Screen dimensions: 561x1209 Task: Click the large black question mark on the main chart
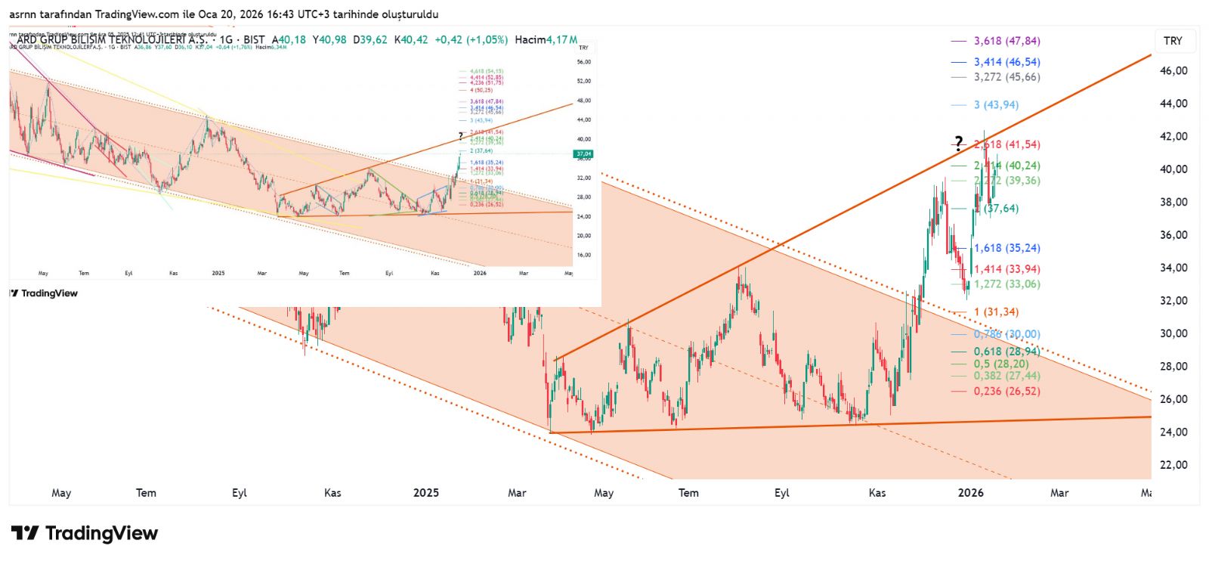[x=958, y=142]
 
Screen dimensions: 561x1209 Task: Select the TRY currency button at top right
[x=1173, y=41]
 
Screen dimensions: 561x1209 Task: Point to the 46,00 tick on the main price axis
[x=1173, y=70]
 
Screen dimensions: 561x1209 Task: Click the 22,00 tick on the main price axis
[x=1173, y=464]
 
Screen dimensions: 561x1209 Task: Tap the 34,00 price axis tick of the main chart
[x=1173, y=268]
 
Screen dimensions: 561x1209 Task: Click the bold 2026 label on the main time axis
[x=970, y=493]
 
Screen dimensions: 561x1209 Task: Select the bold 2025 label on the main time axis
[x=425, y=493]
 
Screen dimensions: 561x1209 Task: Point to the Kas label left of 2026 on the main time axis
[x=877, y=493]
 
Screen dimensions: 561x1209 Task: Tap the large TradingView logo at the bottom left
[x=85, y=534]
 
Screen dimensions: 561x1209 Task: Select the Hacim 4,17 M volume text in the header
[x=546, y=39]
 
